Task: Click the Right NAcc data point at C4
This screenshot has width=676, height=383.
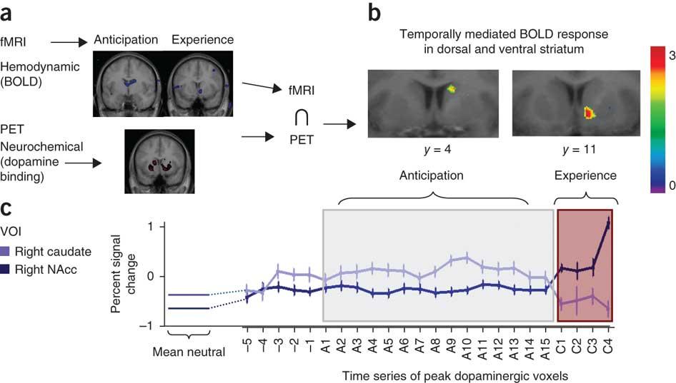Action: click(608, 223)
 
